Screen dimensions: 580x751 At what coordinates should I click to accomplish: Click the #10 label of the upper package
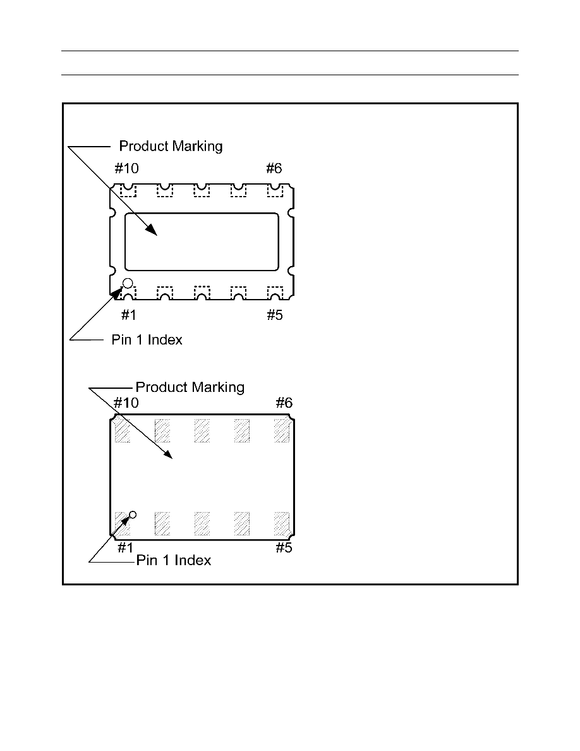[126, 168]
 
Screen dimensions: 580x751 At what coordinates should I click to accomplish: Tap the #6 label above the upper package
[274, 168]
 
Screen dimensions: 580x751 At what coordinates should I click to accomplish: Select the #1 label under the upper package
[129, 315]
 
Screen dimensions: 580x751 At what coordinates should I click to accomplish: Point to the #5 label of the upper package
[275, 315]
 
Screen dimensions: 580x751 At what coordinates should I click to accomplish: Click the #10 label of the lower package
[126, 403]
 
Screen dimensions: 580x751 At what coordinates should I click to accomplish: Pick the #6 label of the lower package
[284, 403]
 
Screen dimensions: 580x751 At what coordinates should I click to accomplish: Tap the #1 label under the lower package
[125, 547]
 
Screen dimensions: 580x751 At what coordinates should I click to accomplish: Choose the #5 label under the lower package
[284, 547]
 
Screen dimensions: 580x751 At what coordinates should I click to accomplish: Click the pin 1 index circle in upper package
[128, 283]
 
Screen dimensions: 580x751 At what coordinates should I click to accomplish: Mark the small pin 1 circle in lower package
[133, 515]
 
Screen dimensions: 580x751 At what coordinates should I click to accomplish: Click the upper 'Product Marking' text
[171, 146]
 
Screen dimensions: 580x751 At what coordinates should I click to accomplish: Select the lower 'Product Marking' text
[190, 387]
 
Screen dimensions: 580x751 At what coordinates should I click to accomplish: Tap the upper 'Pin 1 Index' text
[147, 339]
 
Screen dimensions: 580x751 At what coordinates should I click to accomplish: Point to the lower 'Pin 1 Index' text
[174, 560]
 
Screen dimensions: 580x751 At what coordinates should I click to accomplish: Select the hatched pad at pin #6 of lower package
[281, 430]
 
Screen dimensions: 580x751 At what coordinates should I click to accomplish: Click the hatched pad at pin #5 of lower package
[281, 523]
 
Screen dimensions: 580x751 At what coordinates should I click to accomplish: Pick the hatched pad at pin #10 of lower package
[123, 430]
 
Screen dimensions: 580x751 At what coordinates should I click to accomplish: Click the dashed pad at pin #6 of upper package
[275, 190]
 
